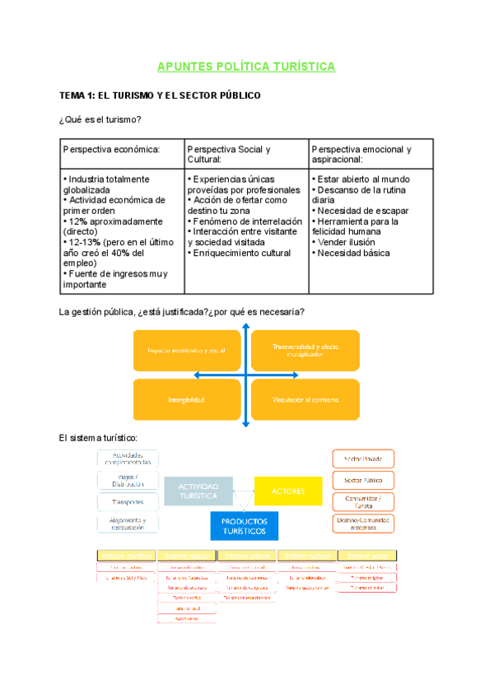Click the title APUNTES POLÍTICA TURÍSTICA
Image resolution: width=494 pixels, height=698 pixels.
pyautogui.click(x=247, y=67)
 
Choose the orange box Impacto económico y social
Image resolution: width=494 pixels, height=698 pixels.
pyautogui.click(x=186, y=351)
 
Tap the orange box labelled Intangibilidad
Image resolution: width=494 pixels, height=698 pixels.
pyautogui.click(x=186, y=399)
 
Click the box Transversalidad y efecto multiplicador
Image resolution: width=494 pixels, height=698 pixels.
pyautogui.click(x=305, y=351)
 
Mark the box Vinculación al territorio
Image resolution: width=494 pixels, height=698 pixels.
pyautogui.click(x=305, y=399)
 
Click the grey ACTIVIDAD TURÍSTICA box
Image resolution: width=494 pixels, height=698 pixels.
pyautogui.click(x=198, y=491)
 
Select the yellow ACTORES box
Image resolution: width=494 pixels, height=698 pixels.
pyautogui.click(x=287, y=491)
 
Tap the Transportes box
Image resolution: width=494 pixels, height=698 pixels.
pyautogui.click(x=128, y=501)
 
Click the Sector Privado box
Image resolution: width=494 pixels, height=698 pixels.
pyautogui.click(x=363, y=458)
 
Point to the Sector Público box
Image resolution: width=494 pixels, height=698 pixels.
pyautogui.click(x=363, y=479)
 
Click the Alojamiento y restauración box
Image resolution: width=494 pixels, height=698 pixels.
pyautogui.click(x=128, y=523)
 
